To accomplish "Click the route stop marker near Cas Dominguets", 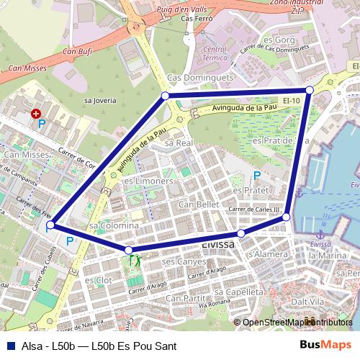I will pos(166,96).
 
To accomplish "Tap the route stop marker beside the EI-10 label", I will pos(310,90).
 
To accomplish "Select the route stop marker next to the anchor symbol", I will pos(286,217).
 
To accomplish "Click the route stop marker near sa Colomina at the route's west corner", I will pos(50,225).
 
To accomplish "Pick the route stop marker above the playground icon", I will pos(129,251).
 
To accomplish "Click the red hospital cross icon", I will pos(37,114).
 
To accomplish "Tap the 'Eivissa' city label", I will pos(218,245).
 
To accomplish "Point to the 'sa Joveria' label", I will pos(100,101).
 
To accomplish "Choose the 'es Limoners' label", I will pos(148,181).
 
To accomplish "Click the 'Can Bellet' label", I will pos(198,204).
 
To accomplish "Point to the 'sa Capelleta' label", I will pos(239,292).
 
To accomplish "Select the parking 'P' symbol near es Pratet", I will pos(257,176).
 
